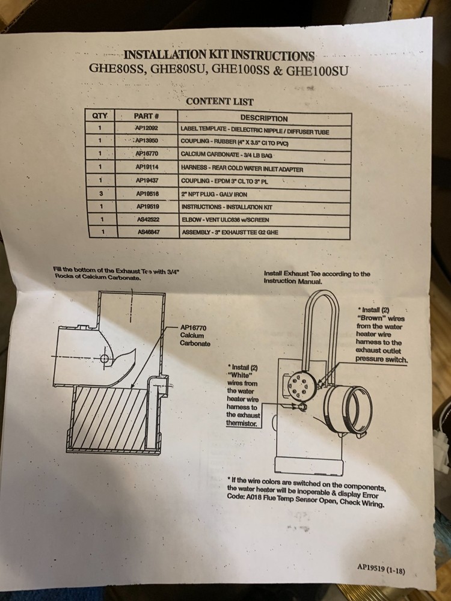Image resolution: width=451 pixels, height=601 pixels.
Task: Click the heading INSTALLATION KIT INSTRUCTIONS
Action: tap(219, 56)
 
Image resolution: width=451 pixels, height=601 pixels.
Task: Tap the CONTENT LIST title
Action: tap(219, 102)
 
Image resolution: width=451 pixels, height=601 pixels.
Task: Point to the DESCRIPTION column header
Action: tap(264, 118)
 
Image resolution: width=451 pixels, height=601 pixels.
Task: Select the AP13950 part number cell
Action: tap(146, 141)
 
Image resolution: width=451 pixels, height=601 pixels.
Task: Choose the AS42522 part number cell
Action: tap(147, 219)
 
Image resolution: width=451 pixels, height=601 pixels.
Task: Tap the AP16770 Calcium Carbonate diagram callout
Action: tap(195, 335)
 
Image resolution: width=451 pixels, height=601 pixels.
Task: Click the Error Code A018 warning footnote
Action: tap(307, 492)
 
